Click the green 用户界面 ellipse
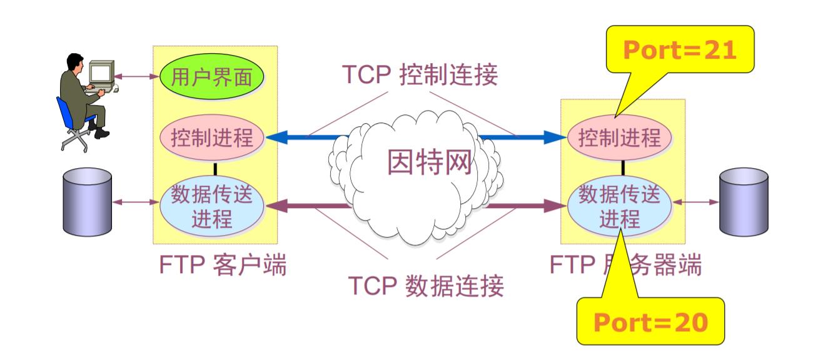[x=212, y=77]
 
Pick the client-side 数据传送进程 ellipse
[x=212, y=206]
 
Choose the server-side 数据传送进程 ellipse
[x=619, y=206]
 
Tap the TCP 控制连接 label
[x=420, y=75]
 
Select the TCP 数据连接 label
[x=425, y=286]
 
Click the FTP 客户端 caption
[x=224, y=265]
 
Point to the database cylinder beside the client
[x=88, y=201]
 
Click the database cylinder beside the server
[x=744, y=201]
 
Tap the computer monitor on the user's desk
[x=101, y=72]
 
